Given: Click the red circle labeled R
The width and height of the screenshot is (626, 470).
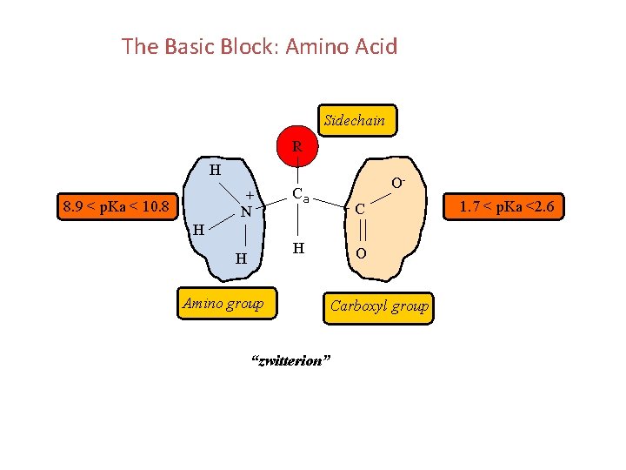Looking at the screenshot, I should coord(297,146).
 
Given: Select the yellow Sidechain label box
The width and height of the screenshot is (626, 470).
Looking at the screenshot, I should coord(355,121).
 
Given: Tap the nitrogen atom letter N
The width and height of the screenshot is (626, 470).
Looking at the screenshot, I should coord(247,211).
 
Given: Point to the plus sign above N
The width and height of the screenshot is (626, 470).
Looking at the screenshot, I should coord(250,196).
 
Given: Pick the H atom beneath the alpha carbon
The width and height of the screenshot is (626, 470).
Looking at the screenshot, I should coord(298,249).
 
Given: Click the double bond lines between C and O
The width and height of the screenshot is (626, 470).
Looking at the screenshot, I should coord(359,232).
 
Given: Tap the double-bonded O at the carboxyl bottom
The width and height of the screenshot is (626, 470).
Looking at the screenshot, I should coord(360,253).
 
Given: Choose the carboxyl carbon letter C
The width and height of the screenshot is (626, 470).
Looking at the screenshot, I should coord(358,210).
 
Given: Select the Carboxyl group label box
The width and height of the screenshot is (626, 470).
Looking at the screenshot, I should coord(379,305).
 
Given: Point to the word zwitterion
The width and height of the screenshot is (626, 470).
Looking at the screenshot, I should coord(290,360).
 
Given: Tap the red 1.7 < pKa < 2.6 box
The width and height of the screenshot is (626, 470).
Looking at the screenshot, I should coord(512,206).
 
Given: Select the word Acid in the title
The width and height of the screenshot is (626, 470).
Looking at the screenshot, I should coord(376,46).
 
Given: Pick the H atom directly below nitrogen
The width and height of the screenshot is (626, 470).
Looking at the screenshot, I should coord(242,258).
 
